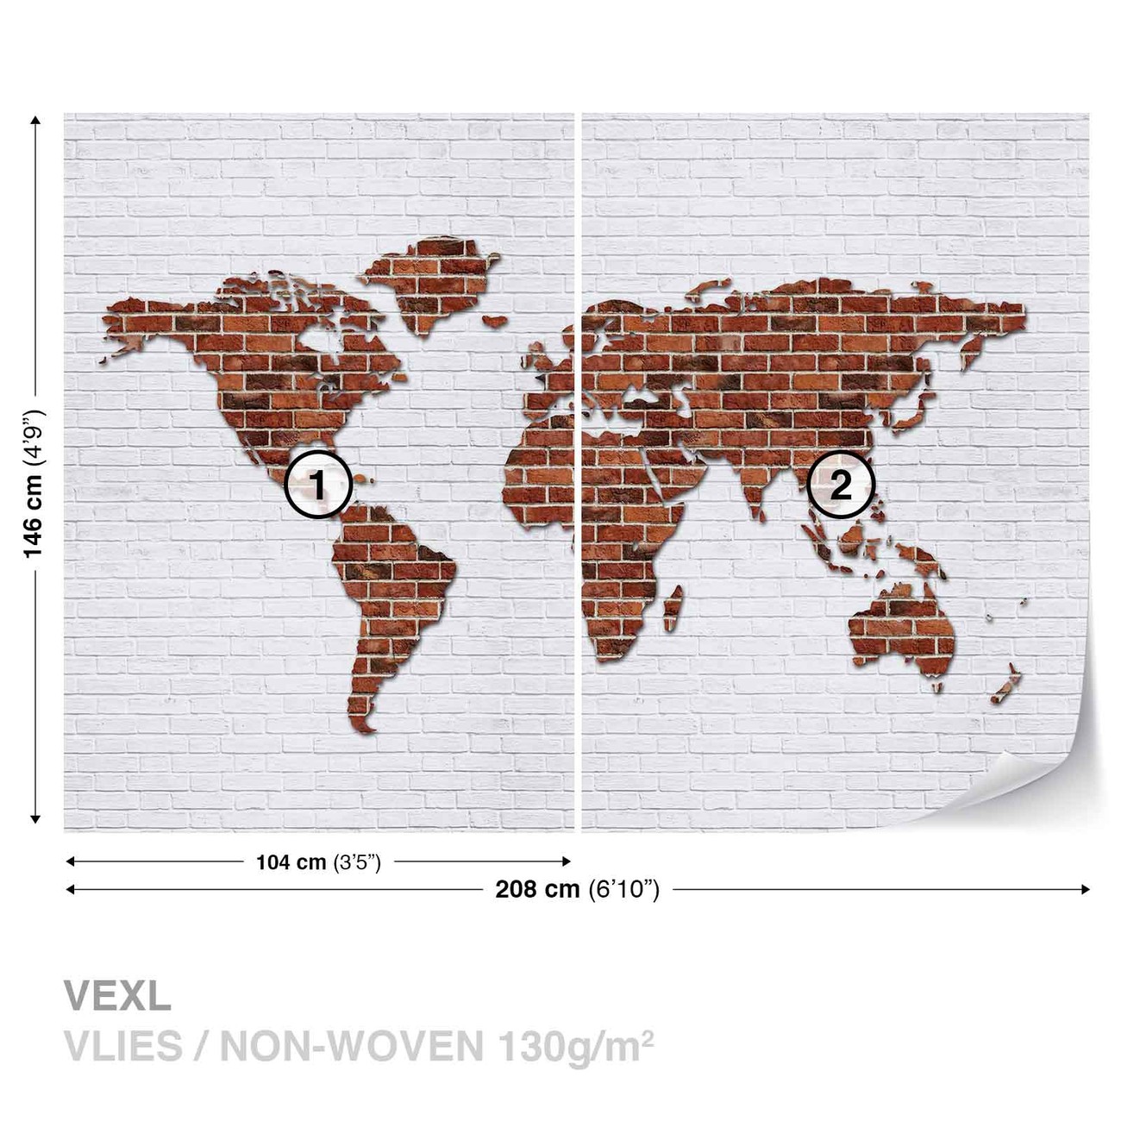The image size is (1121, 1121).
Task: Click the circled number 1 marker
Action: pos(318,485)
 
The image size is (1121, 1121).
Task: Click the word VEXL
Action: pos(117,997)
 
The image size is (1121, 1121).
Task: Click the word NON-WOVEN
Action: pos(351,1046)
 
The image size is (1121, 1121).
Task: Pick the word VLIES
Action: pos(123,1046)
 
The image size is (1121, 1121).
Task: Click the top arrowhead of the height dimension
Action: pos(35,121)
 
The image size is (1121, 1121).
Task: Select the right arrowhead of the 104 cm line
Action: pos(566,861)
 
